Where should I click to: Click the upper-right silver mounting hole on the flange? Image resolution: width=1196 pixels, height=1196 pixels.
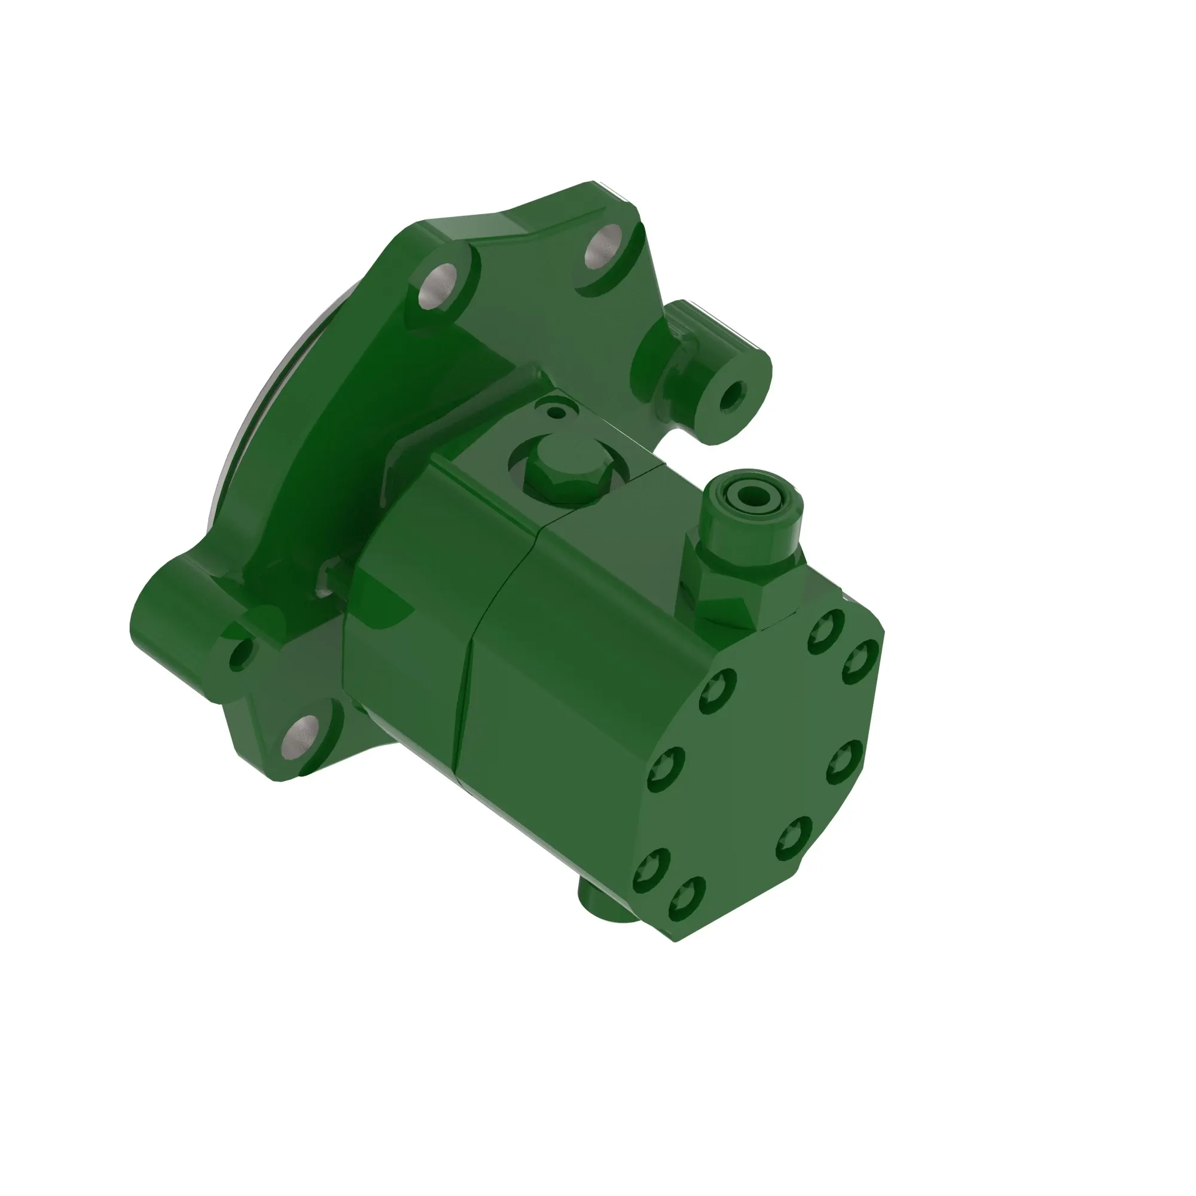pyautogui.click(x=602, y=248)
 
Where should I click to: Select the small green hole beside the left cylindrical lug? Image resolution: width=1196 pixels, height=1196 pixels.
pyautogui.click(x=241, y=655)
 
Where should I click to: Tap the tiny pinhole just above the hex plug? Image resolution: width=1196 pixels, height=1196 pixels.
pyautogui.click(x=559, y=411)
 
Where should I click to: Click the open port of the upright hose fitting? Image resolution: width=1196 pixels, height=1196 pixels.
pyautogui.click(x=752, y=495)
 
